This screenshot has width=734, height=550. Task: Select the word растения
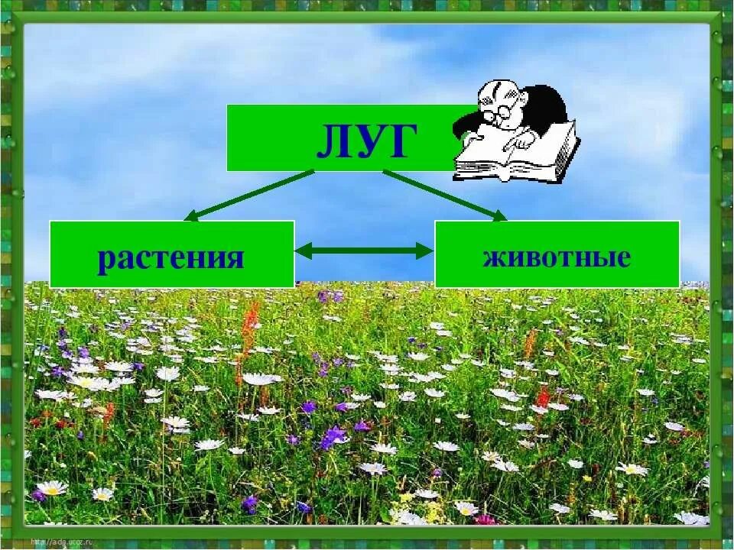point(171,258)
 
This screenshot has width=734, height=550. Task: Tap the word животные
point(557,257)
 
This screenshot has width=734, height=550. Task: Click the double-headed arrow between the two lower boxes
point(364,250)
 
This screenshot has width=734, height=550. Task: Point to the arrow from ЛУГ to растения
point(248,196)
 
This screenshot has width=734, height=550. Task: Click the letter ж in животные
point(493,257)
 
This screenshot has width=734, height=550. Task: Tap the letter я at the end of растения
point(234,259)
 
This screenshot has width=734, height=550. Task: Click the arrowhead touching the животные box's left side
point(425,250)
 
